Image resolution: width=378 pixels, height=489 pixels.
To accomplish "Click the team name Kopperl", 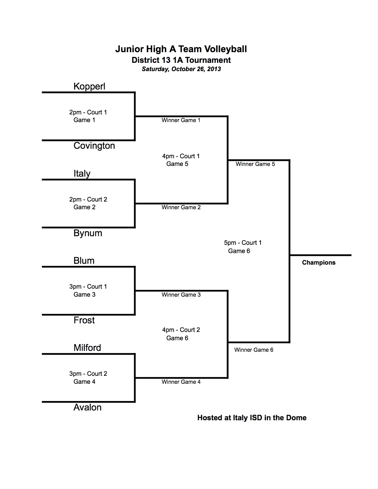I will click(x=89, y=87).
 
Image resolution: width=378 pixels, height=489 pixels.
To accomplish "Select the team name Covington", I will click(x=94, y=146).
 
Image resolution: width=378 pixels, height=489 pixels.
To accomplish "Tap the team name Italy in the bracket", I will click(x=82, y=174).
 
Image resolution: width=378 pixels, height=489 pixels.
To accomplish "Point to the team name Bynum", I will click(x=88, y=233).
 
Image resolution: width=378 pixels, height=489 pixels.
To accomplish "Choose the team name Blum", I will click(x=84, y=261).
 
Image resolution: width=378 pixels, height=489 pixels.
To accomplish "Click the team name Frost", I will click(x=84, y=320).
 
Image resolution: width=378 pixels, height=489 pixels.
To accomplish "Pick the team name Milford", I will click(x=87, y=348).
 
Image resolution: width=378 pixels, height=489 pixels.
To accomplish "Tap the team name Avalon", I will click(x=87, y=408).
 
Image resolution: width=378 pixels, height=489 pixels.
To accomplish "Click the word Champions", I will click(x=319, y=263).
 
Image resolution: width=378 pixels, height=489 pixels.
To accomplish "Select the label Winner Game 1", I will click(x=181, y=120).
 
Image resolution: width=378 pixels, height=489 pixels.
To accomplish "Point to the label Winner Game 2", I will click(x=181, y=207).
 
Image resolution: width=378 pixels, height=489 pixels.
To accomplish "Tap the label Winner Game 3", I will click(x=181, y=295).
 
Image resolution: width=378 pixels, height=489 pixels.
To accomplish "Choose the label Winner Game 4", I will click(x=181, y=382).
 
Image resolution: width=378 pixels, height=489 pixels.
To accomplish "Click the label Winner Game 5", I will click(x=255, y=164).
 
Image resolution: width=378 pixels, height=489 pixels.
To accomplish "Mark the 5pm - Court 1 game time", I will click(x=243, y=243).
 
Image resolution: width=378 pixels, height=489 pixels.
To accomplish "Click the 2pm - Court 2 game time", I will click(x=88, y=199).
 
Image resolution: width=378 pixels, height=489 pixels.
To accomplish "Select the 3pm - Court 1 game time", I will click(x=88, y=287).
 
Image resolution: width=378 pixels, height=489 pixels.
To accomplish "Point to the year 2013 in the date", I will click(x=214, y=69).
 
